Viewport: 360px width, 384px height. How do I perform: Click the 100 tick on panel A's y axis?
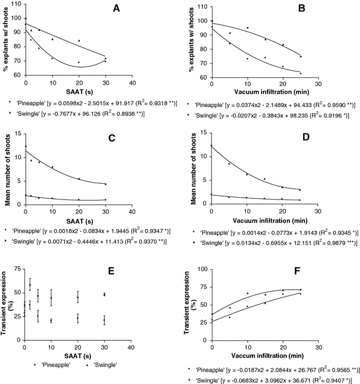point(18,19)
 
